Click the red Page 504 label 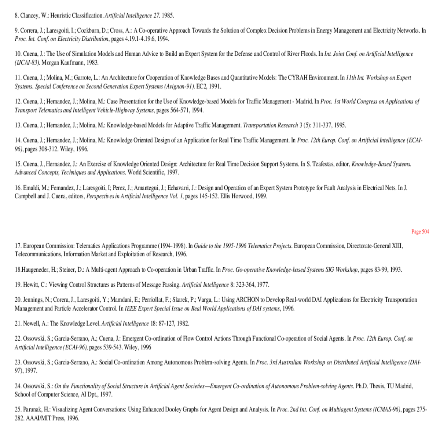pyautogui.click(x=420, y=232)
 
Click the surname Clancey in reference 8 pyautogui.click(x=29, y=16)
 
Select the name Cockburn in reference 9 pyautogui.click(x=88, y=31)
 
